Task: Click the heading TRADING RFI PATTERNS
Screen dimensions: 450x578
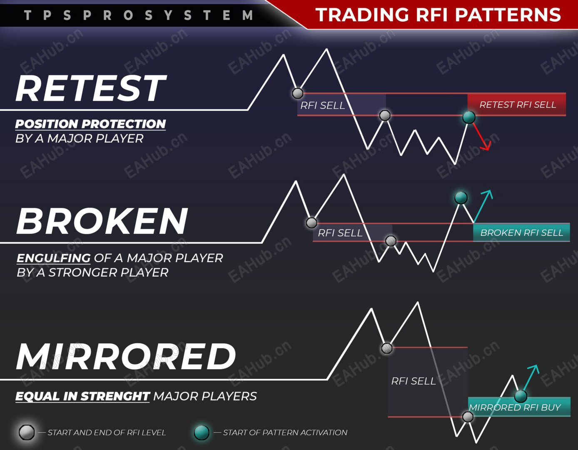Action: click(x=438, y=15)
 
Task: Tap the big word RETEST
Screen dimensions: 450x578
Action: click(x=91, y=88)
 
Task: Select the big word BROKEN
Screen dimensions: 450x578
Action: click(x=102, y=221)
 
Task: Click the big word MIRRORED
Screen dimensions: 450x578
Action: click(x=126, y=357)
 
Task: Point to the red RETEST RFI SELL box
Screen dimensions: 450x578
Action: click(x=517, y=105)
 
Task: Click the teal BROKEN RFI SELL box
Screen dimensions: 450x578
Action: click(x=521, y=232)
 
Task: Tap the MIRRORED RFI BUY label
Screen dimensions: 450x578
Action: click(x=515, y=407)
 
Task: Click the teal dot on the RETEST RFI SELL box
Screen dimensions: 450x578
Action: click(x=469, y=117)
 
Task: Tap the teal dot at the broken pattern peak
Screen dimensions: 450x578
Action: click(x=461, y=197)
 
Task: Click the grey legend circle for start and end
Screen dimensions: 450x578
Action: click(x=27, y=432)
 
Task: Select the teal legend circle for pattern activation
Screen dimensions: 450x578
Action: click(x=202, y=432)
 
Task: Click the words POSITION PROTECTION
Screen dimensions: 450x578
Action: click(x=90, y=124)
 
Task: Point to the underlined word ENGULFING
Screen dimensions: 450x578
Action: click(x=53, y=258)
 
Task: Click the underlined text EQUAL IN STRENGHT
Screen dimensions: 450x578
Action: click(x=82, y=396)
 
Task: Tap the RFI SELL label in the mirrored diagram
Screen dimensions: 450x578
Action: click(x=413, y=381)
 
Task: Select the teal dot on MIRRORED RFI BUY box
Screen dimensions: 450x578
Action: click(x=521, y=395)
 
